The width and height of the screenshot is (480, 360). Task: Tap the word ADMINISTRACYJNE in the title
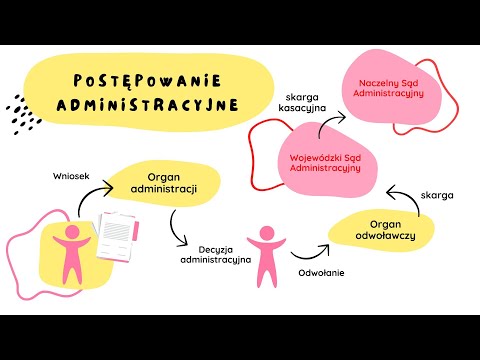tap(160, 103)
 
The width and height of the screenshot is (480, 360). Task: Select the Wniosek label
tap(72, 177)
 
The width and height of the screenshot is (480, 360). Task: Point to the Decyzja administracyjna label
tap(215, 252)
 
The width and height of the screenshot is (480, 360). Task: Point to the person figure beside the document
tap(72, 249)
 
